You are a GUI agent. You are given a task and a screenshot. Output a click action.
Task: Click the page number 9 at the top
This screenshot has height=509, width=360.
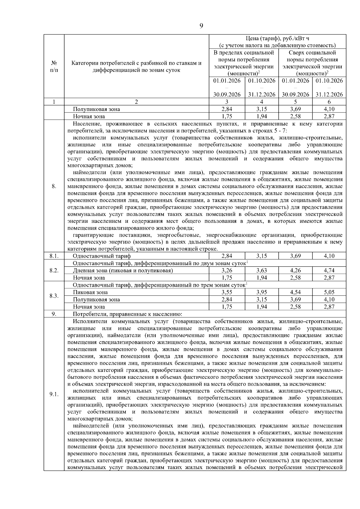tap(201, 25)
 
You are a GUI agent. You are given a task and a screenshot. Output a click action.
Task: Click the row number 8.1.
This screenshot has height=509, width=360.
tap(54, 256)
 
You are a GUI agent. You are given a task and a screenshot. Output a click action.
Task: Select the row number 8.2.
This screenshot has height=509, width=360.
tap(54, 270)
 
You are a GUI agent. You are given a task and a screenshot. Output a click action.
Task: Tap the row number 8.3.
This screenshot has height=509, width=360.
tap(54, 296)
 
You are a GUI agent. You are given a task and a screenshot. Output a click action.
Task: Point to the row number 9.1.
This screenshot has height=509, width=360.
tap(54, 394)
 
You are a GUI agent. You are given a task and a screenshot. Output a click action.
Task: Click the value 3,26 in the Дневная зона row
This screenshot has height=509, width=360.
tap(227, 270)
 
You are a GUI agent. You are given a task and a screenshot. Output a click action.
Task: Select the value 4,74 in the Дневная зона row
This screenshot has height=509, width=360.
tap(329, 270)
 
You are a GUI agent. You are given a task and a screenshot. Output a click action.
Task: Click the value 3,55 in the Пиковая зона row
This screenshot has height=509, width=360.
tap(227, 292)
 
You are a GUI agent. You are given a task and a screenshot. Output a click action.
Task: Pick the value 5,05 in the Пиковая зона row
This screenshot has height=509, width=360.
tap(329, 292)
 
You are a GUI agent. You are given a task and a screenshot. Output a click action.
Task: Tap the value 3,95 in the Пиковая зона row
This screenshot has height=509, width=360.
tap(262, 292)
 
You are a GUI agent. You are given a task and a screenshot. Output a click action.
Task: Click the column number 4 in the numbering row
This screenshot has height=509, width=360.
tap(262, 102)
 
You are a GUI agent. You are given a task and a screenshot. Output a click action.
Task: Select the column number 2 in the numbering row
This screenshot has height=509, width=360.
tap(136, 102)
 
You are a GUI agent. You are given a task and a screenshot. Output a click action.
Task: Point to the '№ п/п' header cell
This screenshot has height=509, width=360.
tap(54, 66)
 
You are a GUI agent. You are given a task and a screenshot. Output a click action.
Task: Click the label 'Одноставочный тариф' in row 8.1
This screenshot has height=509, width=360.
tap(102, 256)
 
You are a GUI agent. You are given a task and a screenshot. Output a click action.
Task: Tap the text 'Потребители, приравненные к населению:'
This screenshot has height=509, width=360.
tap(127, 314)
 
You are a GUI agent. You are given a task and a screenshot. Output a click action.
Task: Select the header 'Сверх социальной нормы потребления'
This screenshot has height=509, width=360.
tap(312, 56)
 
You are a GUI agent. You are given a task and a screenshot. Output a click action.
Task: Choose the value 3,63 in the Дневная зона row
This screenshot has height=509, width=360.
tap(262, 270)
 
